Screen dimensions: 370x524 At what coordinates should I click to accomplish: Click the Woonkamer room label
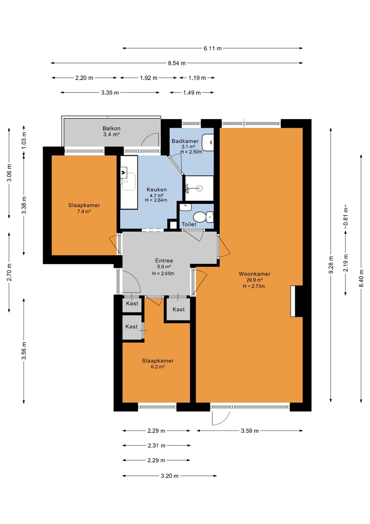[254, 274]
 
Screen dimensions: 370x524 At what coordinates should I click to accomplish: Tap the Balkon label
[112, 128]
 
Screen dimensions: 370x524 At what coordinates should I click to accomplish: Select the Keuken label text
[157, 190]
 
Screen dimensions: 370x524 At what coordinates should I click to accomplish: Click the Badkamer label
[185, 141]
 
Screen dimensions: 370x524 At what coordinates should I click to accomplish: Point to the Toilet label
[189, 224]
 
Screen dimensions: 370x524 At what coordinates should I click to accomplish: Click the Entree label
[164, 261]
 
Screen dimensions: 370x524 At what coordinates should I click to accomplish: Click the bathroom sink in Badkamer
[208, 142]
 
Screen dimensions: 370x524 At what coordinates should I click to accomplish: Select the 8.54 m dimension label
[177, 63]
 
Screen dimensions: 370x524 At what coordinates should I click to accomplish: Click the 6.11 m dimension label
[213, 48]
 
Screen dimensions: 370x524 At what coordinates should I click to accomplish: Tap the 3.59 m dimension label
[250, 431]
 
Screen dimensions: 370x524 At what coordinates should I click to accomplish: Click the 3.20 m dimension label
[170, 476]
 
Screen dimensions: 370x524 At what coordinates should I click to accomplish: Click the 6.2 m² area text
[158, 366]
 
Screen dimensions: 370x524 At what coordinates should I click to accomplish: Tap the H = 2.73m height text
[254, 286]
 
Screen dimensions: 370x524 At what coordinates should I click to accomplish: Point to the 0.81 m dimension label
[346, 217]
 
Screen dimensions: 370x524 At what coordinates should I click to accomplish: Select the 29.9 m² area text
[255, 280]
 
